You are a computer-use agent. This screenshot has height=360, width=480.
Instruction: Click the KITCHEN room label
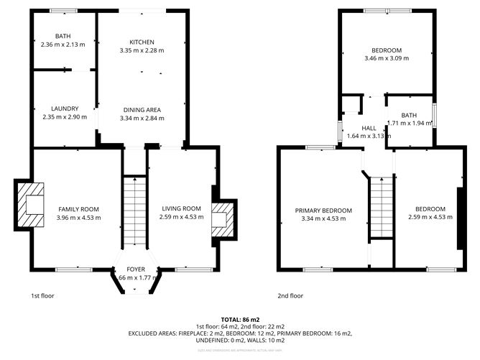coord(142,42)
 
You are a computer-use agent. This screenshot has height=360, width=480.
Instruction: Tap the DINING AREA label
coord(141,109)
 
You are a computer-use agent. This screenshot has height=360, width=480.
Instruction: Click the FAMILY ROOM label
coord(79,209)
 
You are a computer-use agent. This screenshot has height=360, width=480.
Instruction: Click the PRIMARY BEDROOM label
coord(323,211)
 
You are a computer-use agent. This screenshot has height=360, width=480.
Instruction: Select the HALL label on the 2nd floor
coord(369,128)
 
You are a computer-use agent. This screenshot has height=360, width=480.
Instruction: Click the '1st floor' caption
coord(42,295)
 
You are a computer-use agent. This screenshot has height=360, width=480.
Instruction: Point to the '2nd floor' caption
coord(290,295)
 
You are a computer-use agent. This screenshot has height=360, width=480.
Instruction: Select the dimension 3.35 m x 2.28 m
coord(142,50)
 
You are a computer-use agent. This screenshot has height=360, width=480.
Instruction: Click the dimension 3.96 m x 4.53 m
coord(79,218)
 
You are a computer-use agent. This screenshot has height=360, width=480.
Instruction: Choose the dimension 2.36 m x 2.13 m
coord(63,45)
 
